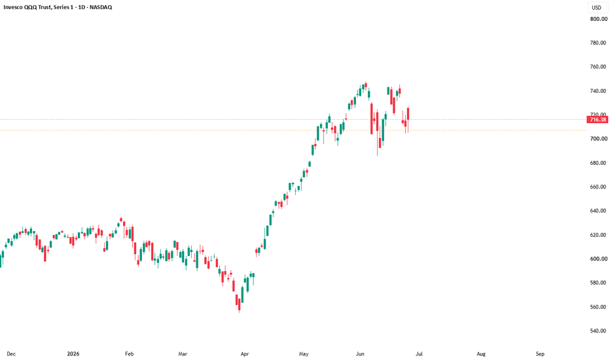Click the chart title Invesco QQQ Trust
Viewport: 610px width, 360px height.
click(27, 7)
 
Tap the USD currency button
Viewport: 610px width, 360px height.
click(596, 7)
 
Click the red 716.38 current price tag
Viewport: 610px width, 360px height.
click(598, 120)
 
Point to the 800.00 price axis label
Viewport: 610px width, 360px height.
click(598, 19)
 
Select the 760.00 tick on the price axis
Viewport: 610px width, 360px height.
click(598, 67)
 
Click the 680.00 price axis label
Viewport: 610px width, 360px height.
click(598, 163)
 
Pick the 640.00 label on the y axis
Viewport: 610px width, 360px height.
click(598, 211)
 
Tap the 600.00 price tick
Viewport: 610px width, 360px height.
click(598, 259)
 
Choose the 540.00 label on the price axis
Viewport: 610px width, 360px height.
click(598, 331)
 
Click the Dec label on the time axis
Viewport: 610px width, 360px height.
click(11, 353)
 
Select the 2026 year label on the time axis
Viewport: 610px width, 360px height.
click(73, 353)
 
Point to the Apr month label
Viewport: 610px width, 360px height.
click(244, 353)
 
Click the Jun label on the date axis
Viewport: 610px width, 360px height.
click(360, 353)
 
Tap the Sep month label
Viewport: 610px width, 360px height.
click(539, 353)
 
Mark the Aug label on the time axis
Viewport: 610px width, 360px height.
click(481, 353)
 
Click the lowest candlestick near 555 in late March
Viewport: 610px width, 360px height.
click(240, 305)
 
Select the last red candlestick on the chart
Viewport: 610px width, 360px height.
click(408, 114)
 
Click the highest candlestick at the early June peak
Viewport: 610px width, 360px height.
click(366, 86)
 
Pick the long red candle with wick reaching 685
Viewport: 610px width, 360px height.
click(377, 132)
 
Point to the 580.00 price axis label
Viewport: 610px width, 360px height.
click(598, 283)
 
